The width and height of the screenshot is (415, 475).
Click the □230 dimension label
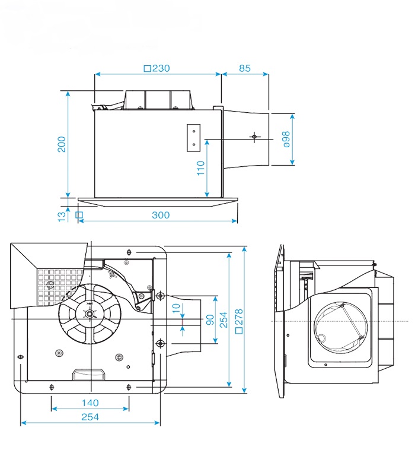157,68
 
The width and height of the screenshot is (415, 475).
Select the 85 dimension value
244,68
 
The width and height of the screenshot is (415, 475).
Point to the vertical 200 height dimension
62,144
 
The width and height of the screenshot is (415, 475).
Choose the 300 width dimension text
160,215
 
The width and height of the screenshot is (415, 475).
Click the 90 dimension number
209,319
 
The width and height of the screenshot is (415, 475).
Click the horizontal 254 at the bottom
90,417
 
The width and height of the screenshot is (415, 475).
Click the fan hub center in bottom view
90,314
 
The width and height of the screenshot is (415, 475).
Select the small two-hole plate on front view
194,136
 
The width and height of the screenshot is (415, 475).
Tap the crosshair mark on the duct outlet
254,137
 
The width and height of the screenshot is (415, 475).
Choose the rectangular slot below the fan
88,373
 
